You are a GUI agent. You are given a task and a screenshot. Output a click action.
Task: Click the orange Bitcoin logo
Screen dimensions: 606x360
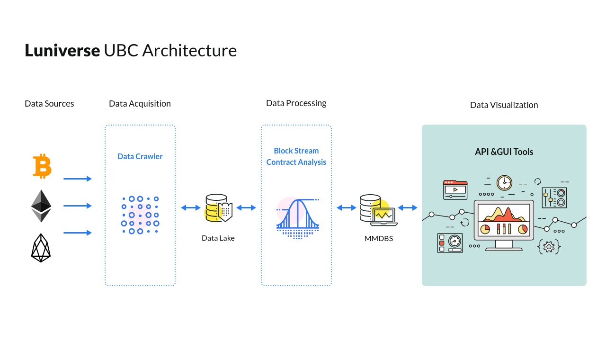42,166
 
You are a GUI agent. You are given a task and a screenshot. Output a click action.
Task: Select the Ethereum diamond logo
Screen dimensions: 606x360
41,206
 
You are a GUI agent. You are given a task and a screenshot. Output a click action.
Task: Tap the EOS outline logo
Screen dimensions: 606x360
41,248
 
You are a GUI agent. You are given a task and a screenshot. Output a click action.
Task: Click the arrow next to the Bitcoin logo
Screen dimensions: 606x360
78,179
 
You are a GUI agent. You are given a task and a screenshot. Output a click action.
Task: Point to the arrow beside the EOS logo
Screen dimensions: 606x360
78,233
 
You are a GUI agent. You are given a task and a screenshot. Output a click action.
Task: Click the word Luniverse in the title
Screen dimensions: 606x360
62,50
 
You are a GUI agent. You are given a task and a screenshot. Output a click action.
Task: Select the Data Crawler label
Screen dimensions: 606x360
140,156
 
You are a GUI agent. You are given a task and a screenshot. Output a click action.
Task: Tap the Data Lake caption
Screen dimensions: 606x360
218,238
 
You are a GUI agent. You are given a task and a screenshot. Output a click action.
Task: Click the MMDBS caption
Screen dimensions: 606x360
378,238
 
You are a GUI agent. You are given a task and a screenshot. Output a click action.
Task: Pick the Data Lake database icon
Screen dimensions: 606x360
219,208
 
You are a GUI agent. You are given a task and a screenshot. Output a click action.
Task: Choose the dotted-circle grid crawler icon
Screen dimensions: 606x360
140,215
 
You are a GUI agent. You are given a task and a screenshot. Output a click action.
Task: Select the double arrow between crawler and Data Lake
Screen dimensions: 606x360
191,207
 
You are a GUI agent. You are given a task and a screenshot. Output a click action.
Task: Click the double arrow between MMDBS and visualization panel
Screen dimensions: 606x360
408,207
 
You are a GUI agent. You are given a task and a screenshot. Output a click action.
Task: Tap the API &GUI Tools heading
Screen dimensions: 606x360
504,152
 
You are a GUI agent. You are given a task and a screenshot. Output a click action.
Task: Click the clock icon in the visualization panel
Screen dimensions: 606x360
505,183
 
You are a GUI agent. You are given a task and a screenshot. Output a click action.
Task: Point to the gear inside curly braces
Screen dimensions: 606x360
549,247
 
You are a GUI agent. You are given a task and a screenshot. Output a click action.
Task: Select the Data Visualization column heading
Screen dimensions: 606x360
504,105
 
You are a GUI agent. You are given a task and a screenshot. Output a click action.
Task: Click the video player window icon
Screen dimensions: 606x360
455,190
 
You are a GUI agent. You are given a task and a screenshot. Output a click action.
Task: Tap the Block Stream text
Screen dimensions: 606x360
296,151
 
